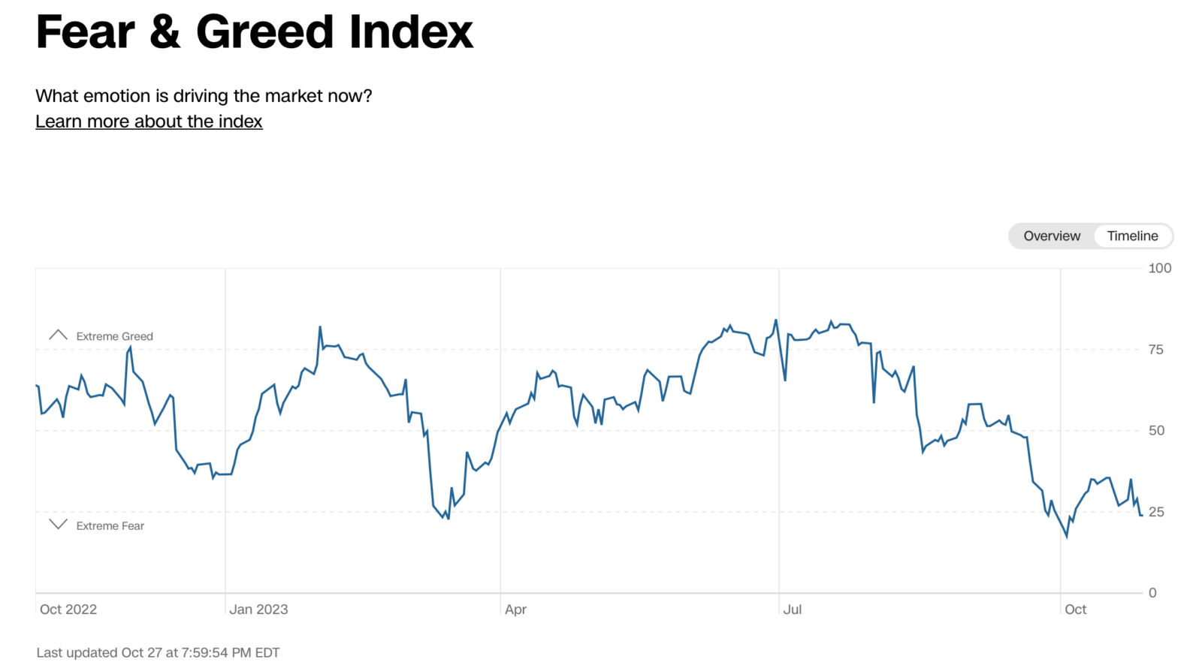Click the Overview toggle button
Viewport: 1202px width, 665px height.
click(x=1052, y=236)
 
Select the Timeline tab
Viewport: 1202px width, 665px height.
click(x=1132, y=236)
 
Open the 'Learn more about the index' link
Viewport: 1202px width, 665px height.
click(x=149, y=122)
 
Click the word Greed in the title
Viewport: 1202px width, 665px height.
click(x=264, y=32)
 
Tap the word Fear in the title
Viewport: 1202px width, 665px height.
click(x=86, y=32)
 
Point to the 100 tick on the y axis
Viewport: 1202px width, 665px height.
click(x=1159, y=268)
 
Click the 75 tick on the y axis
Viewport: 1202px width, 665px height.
click(x=1155, y=349)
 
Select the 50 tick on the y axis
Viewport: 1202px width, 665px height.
click(x=1156, y=430)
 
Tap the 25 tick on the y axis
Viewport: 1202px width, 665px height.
click(x=1156, y=512)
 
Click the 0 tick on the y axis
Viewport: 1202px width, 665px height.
click(x=1152, y=593)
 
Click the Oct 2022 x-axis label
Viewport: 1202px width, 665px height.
click(x=68, y=609)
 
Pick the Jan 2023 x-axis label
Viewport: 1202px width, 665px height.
click(x=258, y=609)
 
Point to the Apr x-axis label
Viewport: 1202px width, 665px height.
click(x=515, y=609)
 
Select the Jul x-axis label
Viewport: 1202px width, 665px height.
click(x=792, y=609)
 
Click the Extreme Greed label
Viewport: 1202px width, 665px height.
click(x=114, y=336)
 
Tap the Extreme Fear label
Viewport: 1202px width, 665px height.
click(x=110, y=526)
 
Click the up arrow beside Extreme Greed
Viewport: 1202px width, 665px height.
click(x=58, y=335)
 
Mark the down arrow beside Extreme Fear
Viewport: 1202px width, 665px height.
click(x=58, y=524)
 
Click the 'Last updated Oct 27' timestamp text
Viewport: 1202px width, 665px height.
click(x=158, y=653)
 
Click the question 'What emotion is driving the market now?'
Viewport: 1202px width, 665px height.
click(x=204, y=96)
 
